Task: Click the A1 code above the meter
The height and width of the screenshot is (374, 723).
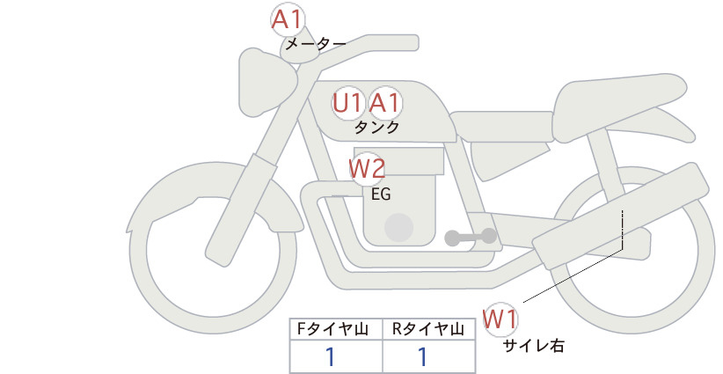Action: [x=287, y=20]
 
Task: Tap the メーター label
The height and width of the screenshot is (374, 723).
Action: [x=316, y=44]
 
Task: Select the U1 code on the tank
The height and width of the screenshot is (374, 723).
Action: [x=347, y=103]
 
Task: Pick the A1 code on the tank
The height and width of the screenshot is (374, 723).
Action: [x=384, y=103]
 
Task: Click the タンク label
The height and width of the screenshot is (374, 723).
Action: [x=376, y=128]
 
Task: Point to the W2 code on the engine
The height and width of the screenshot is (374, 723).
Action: [x=367, y=169]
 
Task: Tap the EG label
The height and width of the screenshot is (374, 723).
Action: [x=381, y=194]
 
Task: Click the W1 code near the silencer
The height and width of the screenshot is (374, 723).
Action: [x=500, y=319]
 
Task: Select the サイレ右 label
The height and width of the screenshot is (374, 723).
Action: [x=533, y=346]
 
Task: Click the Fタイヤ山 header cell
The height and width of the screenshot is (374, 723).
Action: [x=336, y=329]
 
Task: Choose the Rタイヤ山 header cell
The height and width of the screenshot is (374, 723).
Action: [x=429, y=329]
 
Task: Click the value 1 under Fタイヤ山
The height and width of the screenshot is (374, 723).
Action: [x=330, y=357]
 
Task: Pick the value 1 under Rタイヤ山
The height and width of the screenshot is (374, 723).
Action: [x=422, y=357]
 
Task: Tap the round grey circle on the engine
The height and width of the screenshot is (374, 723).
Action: [x=398, y=227]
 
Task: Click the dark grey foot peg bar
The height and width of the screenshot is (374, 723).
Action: [x=471, y=237]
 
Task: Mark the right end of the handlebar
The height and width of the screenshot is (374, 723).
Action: [x=415, y=43]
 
